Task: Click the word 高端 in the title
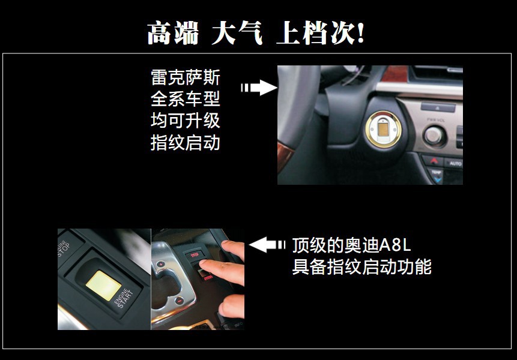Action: point(173,33)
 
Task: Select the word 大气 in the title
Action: point(237,32)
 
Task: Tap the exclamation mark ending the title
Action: point(360,33)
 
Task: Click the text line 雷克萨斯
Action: point(186,77)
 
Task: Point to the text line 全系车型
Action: point(186,99)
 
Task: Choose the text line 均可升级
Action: point(186,121)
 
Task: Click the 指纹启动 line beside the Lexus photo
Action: point(186,143)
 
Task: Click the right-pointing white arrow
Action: point(259,88)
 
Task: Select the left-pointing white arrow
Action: point(267,245)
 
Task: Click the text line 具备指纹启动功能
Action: point(361,267)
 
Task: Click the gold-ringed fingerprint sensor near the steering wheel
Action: point(383,129)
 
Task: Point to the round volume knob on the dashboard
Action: point(434,136)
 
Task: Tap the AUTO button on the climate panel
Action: point(455,163)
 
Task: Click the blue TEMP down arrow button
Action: point(437,178)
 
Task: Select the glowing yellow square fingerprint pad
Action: point(103,285)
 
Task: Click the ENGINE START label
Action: point(124,298)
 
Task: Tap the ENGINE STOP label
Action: point(63,248)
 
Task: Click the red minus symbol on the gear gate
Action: point(179,301)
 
